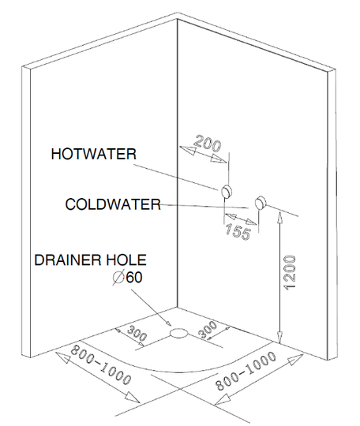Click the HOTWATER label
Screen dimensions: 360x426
click(94, 154)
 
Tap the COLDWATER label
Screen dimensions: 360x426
click(113, 204)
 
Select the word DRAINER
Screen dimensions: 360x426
click(67, 260)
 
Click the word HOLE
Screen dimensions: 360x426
click(126, 260)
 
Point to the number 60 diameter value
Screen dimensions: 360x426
click(133, 278)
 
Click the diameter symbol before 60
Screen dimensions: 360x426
click(118, 278)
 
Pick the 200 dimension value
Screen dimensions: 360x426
click(208, 144)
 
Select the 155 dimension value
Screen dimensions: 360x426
click(238, 232)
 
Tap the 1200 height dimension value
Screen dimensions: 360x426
click(289, 272)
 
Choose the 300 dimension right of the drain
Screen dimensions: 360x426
click(208, 329)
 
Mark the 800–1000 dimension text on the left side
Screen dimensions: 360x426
click(101, 365)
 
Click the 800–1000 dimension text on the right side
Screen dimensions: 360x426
click(246, 371)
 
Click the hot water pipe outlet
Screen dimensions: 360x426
click(227, 191)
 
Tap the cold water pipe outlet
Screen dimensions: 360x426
click(261, 202)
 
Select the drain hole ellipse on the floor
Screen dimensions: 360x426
click(178, 333)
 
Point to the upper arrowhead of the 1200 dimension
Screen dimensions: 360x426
click(279, 218)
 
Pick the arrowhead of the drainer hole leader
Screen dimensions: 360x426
click(168, 323)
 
